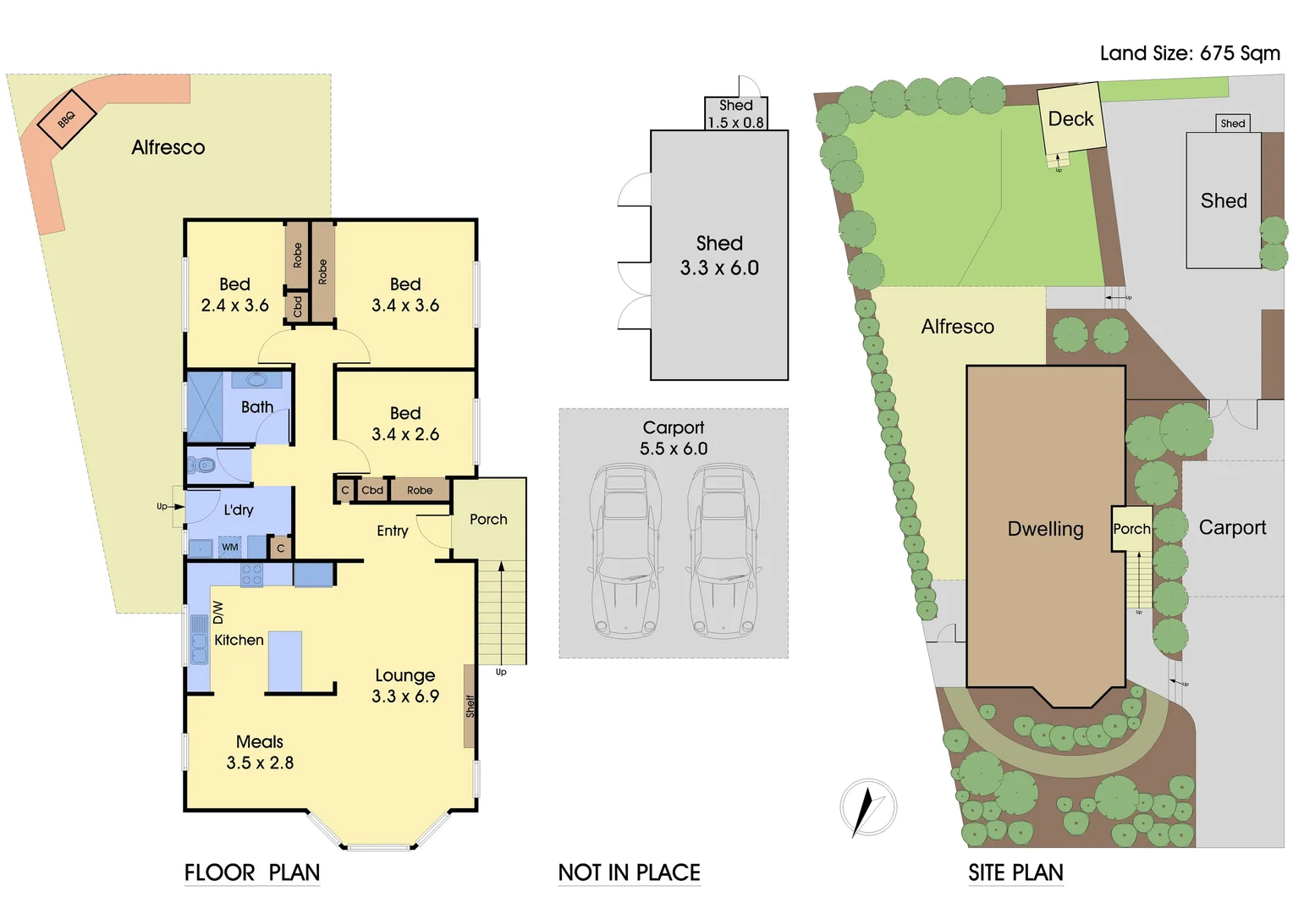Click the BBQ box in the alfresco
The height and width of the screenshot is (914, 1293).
tap(67, 119)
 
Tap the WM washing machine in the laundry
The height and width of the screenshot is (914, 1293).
tap(230, 548)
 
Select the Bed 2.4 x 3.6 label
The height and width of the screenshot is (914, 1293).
tap(234, 295)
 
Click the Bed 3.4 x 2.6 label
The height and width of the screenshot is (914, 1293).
tap(405, 423)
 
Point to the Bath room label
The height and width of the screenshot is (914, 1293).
tap(257, 407)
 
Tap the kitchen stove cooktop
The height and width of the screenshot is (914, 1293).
tap(251, 575)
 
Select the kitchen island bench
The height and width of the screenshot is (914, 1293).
tap(285, 661)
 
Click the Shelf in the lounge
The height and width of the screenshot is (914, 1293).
tap(470, 706)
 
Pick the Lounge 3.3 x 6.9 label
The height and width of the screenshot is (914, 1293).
tap(405, 685)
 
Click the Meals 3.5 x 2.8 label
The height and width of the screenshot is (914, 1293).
tap(260, 752)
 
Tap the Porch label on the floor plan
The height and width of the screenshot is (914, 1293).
tap(488, 519)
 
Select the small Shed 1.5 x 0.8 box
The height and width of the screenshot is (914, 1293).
tap(736, 113)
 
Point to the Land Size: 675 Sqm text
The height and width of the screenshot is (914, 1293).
tap(1190, 52)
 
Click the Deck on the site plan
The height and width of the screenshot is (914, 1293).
tap(1070, 118)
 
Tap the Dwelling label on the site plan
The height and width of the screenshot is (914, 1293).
tap(1045, 529)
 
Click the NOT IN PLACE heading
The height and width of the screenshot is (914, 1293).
tap(629, 873)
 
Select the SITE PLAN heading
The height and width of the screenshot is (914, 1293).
tap(1015, 873)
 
